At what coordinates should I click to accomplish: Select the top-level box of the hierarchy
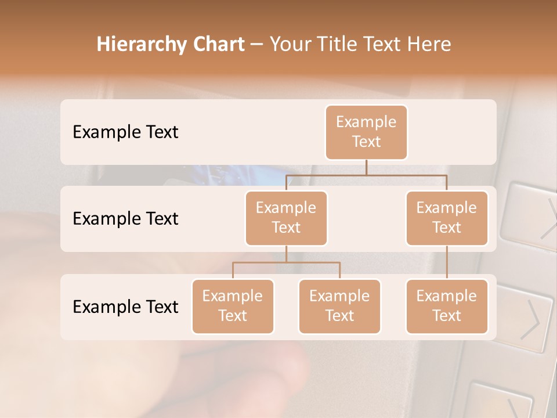(366, 132)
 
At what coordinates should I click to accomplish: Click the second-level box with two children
(286, 218)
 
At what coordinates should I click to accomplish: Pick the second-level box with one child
(447, 218)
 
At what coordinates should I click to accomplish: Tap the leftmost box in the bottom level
(233, 306)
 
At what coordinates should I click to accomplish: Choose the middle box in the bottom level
(339, 306)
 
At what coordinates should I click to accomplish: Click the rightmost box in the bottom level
(447, 306)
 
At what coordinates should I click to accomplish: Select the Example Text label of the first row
(125, 132)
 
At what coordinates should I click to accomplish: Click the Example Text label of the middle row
(125, 218)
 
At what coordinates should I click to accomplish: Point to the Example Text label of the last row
(125, 307)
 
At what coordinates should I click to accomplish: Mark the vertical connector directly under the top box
(366, 167)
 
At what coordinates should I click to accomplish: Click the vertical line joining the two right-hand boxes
(447, 262)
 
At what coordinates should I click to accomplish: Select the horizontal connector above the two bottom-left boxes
(286, 262)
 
